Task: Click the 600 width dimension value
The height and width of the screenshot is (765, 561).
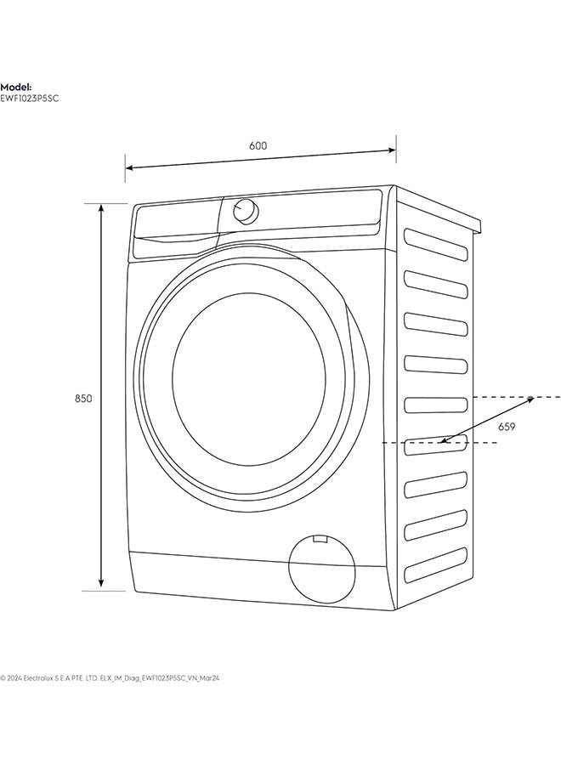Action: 258,145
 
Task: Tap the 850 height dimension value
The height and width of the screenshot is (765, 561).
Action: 83,399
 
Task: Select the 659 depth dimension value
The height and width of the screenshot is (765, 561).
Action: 507,427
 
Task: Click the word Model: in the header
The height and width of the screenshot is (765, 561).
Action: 16,88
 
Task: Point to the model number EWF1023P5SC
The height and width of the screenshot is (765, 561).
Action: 29,99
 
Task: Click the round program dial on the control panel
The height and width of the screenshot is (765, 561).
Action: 245,212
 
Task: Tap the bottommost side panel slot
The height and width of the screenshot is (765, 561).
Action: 436,565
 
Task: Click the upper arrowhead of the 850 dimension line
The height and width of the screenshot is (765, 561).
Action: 101,207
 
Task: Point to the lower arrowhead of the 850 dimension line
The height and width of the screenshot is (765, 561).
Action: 101,583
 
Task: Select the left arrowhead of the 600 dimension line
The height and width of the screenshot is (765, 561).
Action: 129,167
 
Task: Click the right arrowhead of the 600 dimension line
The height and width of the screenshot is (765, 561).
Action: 392,150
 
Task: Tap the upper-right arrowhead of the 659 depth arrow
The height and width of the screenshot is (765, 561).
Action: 530,399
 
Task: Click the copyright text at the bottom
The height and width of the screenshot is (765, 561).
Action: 110,677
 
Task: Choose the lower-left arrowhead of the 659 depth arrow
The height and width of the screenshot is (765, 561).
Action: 443,440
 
